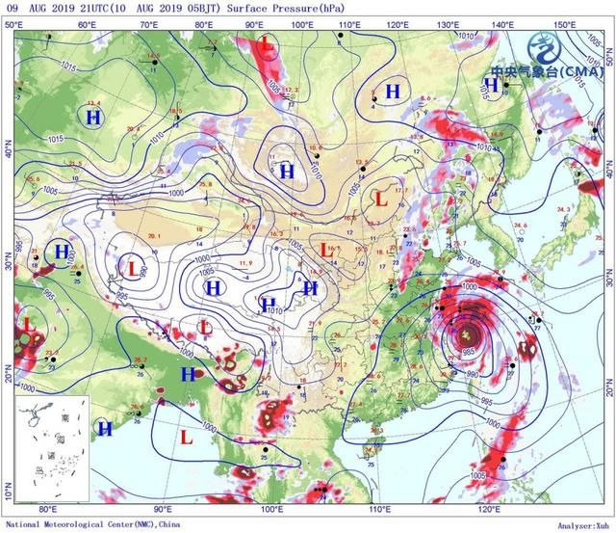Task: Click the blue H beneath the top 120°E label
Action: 393,92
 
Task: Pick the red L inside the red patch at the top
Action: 267,44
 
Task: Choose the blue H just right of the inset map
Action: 104,427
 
